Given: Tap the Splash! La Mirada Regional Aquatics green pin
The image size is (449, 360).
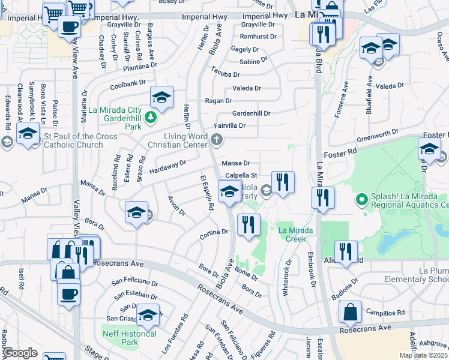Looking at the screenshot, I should tap(361, 199).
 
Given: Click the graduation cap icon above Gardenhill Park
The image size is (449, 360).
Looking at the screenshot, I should tap(161, 97).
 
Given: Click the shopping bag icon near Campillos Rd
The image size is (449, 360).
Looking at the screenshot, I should tap(350, 312).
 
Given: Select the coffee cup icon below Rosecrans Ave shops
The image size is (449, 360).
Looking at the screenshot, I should tap(68, 293).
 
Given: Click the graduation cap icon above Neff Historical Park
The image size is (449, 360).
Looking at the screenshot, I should tap(148, 314).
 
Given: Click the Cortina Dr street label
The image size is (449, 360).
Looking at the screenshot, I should tap(217, 232).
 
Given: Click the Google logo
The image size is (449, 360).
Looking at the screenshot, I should tap(20, 353).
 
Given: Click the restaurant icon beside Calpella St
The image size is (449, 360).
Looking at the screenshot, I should tap(283, 182).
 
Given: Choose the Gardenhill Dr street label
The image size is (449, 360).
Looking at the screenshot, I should tap(252, 113).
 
